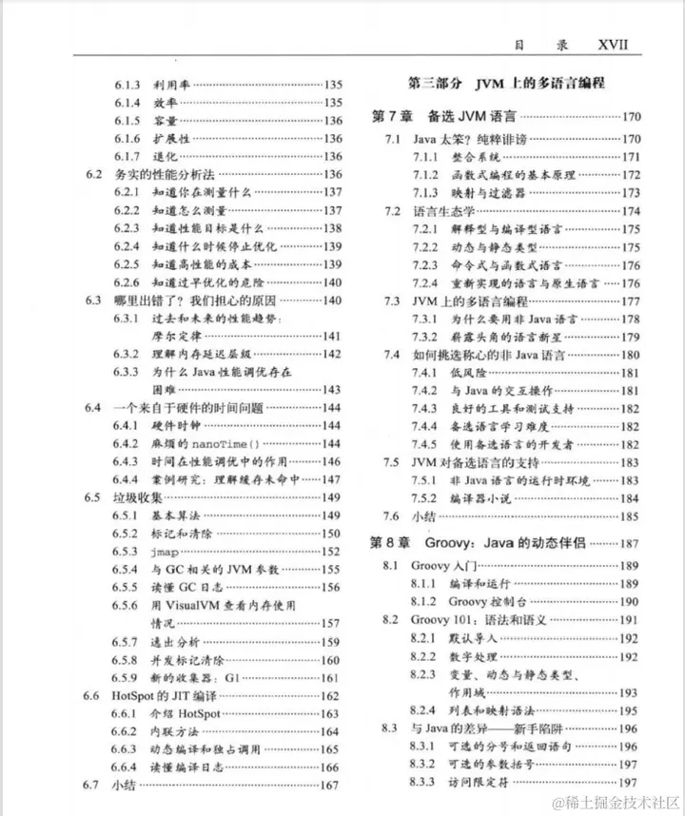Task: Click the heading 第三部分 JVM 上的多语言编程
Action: point(505,84)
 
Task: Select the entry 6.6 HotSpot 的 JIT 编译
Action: point(177,696)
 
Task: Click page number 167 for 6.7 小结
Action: point(331,787)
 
